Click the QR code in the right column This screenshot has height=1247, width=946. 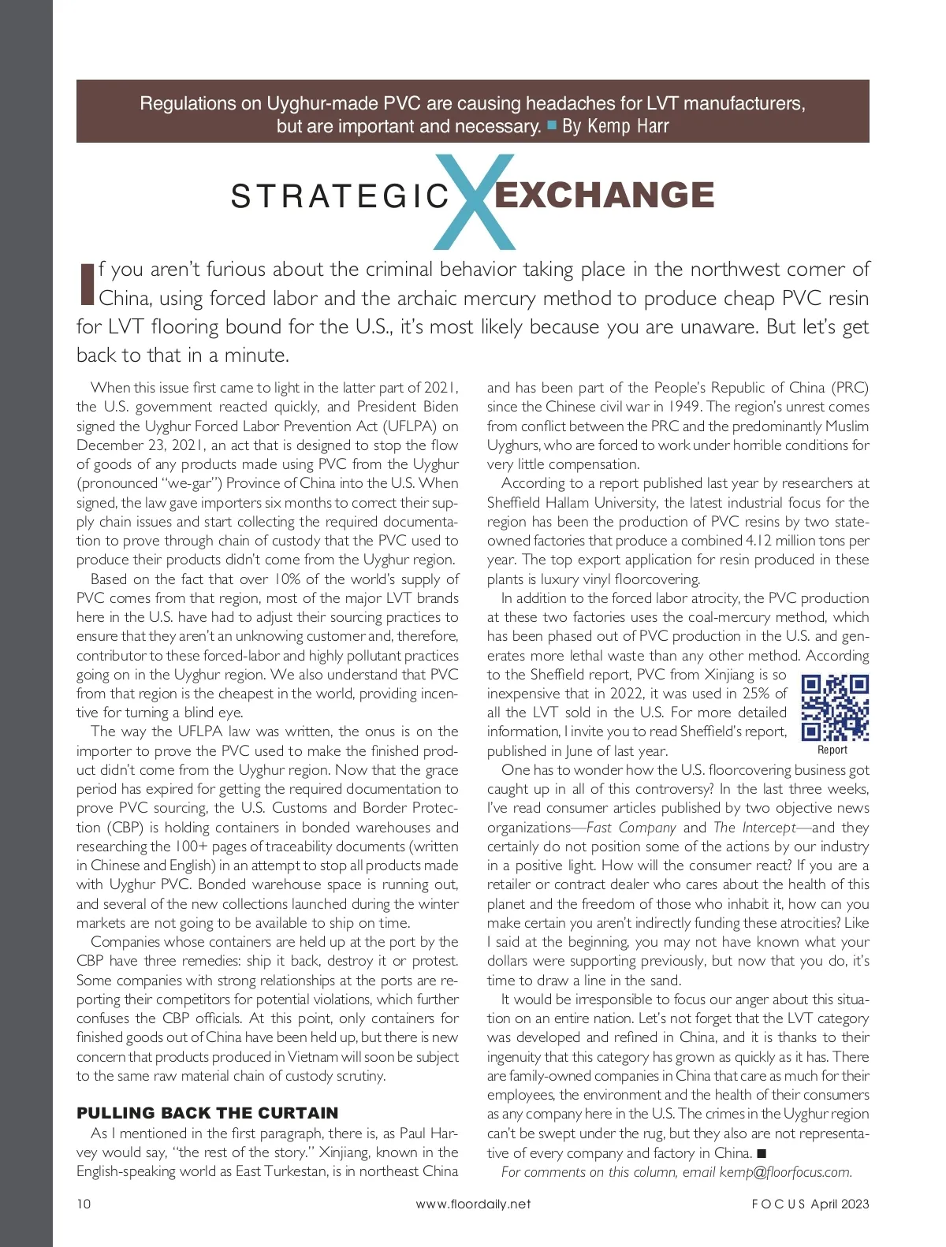pyautogui.click(x=835, y=708)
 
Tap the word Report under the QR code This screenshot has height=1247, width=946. pyautogui.click(x=832, y=750)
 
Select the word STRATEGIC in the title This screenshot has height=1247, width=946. pyautogui.click(x=340, y=196)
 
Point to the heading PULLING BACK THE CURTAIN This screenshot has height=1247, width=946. pyautogui.click(x=207, y=1113)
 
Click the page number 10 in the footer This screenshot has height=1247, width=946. pyautogui.click(x=84, y=1204)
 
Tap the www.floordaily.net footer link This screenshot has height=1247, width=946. pyautogui.click(x=473, y=1204)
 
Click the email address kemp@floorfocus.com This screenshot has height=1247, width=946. pyautogui.click(x=785, y=1172)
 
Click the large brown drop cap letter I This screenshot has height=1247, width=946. pyautogui.click(x=87, y=284)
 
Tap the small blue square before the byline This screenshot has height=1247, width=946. pyautogui.click(x=552, y=125)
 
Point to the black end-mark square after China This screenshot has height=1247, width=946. pyautogui.click(x=762, y=1153)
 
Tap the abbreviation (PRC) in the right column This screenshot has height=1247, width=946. pyautogui.click(x=850, y=388)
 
